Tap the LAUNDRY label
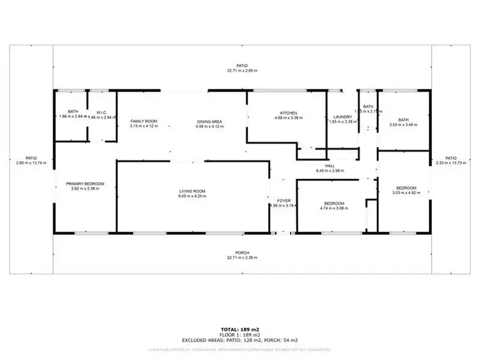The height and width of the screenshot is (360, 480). point(343,116)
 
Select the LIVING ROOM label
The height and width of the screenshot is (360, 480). point(191,191)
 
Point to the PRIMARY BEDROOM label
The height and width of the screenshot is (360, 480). point(85,184)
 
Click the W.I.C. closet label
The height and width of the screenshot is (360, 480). point(101,112)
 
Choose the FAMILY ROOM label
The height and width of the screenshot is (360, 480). point(143,121)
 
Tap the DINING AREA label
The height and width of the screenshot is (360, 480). point(209,121)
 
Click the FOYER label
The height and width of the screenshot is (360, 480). point(282,200)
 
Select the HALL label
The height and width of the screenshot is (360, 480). point(330,166)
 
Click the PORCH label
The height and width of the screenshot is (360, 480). point(242,252)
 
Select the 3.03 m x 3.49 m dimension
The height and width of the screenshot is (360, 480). point(403,125)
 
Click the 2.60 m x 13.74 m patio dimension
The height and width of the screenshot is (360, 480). point(31,163)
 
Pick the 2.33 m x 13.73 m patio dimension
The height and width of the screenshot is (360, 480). point(451,163)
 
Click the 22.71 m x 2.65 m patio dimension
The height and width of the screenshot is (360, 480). point(242,71)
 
